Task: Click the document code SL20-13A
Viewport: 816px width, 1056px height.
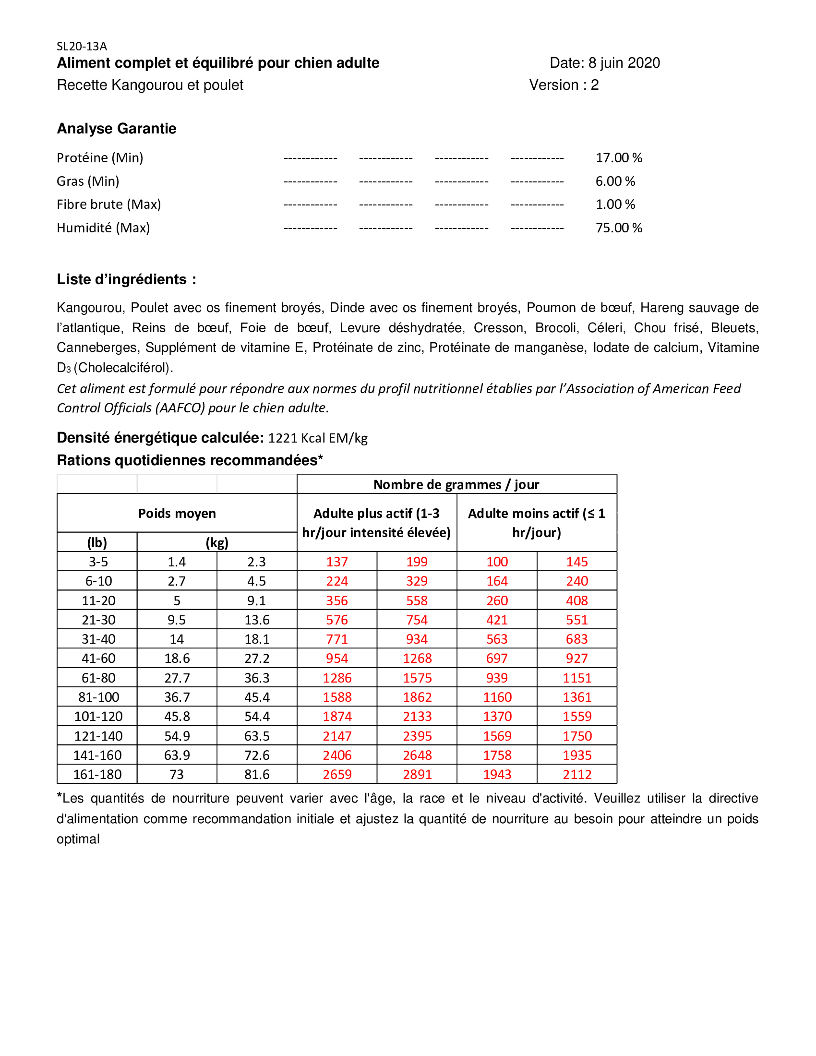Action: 82,47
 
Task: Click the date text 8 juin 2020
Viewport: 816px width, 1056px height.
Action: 624,63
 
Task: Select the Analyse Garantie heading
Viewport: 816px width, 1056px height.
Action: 117,129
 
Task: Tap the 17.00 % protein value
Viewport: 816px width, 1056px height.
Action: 619,158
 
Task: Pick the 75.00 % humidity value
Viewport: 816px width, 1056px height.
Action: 619,228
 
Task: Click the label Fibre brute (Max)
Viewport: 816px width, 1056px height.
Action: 109,204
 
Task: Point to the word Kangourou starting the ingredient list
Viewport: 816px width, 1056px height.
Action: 90,308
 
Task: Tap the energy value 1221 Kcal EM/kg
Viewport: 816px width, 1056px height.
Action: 318,438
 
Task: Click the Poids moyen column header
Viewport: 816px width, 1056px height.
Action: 177,514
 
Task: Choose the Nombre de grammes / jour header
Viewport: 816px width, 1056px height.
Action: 456,484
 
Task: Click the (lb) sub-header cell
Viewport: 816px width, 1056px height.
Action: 97,542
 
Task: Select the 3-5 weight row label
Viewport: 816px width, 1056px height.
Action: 98,562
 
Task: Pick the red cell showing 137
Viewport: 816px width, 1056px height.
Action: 337,562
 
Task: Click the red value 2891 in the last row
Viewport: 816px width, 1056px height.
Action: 417,775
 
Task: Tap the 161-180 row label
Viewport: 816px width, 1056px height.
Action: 97,775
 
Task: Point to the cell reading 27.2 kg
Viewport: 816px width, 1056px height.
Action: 257,659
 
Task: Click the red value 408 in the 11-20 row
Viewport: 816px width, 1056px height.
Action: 576,600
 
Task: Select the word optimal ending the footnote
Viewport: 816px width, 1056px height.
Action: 78,839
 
